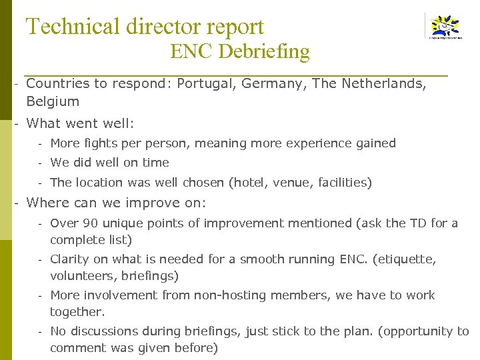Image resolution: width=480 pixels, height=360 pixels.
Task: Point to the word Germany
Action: coord(272,83)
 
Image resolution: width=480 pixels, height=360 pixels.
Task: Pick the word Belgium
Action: coord(53,101)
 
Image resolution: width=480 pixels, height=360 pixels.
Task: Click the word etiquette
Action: coord(407,259)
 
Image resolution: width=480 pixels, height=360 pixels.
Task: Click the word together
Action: coord(77,311)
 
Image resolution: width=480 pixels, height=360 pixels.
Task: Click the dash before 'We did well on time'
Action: coord(40,163)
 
